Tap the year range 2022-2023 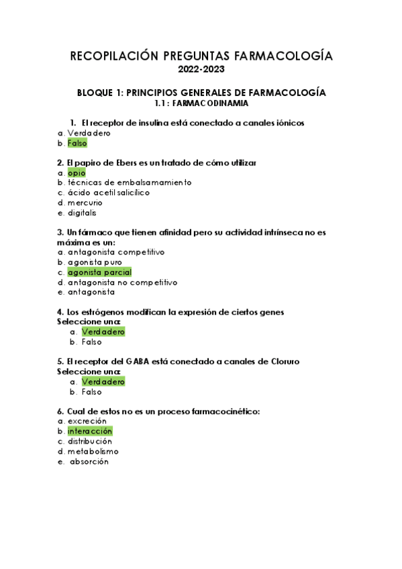[x=201, y=69]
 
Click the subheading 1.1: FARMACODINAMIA [x=201, y=103]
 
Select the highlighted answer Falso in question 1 [x=77, y=143]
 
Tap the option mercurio [x=85, y=203]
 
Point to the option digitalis [x=82, y=213]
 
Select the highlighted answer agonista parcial [x=99, y=272]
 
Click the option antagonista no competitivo [x=122, y=282]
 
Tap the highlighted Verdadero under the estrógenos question [x=103, y=331]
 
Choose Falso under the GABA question [x=92, y=392]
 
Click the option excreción [x=87, y=421]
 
